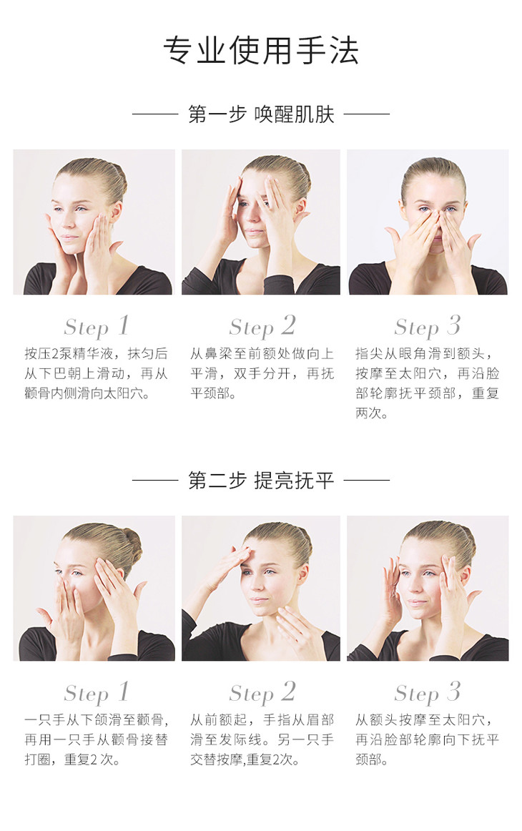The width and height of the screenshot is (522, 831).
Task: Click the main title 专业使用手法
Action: (261, 51)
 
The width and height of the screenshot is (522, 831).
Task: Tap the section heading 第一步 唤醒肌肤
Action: (261, 114)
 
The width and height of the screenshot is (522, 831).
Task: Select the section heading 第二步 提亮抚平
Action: (261, 480)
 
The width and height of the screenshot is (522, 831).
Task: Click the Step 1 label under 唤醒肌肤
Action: (96, 326)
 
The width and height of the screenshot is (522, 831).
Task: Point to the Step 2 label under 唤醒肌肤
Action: (262, 326)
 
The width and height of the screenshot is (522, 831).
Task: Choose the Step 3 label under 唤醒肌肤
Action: (427, 326)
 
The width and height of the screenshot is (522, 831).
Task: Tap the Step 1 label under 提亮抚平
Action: (96, 693)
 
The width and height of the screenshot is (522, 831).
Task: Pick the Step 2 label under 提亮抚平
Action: (262, 693)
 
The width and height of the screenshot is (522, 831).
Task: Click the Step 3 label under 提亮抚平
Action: (427, 693)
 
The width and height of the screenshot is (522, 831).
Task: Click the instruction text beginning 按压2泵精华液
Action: (96, 373)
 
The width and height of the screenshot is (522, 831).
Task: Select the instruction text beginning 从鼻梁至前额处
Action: (262, 373)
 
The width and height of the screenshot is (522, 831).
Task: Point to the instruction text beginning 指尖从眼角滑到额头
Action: (427, 383)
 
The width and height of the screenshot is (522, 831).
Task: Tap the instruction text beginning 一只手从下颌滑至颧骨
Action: (96, 739)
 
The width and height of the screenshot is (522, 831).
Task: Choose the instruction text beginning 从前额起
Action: (262, 739)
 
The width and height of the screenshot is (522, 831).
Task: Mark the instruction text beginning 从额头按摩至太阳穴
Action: (427, 739)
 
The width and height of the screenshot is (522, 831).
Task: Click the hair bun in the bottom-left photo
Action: (131, 545)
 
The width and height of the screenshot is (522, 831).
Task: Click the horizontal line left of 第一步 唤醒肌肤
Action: (154, 114)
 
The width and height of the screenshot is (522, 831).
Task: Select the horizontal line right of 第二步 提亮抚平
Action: (367, 480)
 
